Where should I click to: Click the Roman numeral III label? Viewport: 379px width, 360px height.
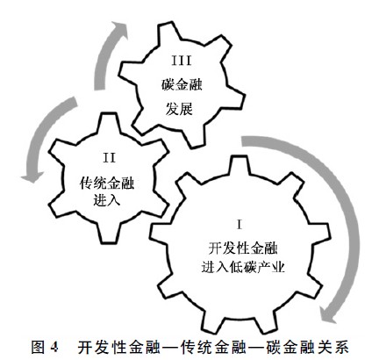[x=182, y=61]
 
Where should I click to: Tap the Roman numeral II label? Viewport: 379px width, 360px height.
[x=109, y=158]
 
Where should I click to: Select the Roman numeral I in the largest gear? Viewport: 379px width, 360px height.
[x=240, y=225]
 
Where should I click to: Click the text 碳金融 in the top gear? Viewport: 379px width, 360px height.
[x=182, y=84]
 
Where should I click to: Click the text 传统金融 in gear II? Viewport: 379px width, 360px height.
[x=107, y=184]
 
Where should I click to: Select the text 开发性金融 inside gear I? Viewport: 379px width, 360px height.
[x=243, y=248]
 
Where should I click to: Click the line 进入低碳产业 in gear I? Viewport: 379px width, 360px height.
[x=243, y=268]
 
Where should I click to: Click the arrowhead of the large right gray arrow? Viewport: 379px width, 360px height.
[x=328, y=314]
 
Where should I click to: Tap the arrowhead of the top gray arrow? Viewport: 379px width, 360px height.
[x=120, y=29]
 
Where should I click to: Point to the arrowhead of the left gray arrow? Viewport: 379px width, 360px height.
[x=32, y=176]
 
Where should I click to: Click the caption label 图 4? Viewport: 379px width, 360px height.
[x=45, y=348]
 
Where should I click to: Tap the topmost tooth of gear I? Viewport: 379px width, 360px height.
[x=240, y=165]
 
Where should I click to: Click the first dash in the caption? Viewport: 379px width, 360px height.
[x=170, y=348]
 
